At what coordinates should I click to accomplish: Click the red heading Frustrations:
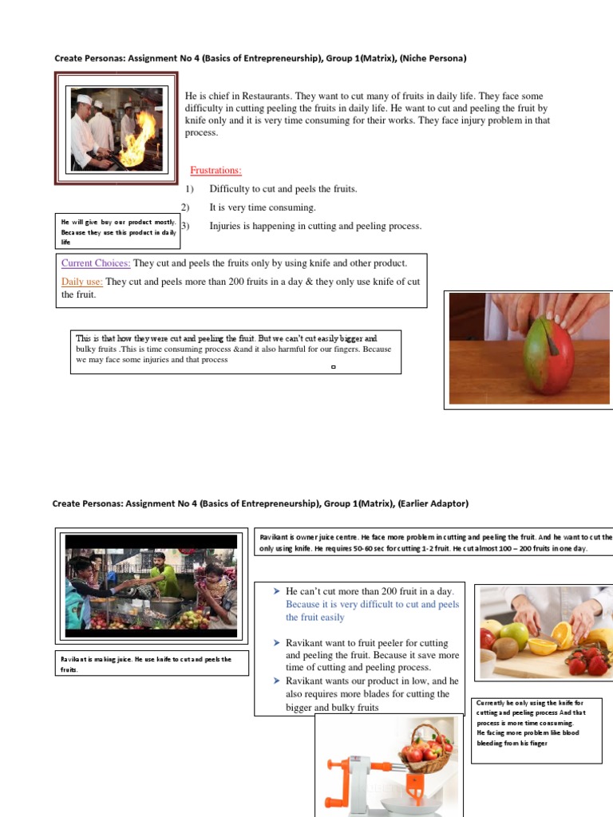216,170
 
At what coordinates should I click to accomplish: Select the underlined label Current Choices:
96,263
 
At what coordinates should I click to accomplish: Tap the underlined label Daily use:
82,282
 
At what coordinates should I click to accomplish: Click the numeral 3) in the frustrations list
185,226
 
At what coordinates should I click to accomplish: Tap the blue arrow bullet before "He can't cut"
275,591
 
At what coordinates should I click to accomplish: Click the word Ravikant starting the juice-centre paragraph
275,538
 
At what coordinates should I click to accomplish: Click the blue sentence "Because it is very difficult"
372,610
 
